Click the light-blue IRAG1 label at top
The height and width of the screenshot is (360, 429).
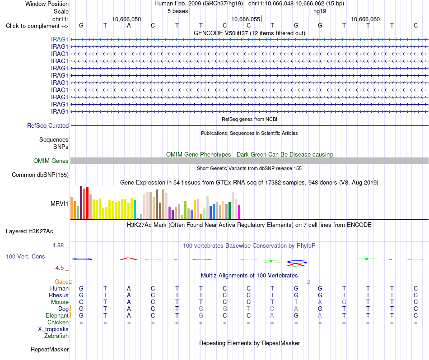(x=59, y=39)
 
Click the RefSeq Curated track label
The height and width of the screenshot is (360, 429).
(x=48, y=125)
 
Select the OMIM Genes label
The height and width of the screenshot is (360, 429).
(x=51, y=161)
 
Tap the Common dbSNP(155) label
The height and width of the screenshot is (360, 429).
(x=40, y=175)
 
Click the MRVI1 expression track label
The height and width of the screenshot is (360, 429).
(x=59, y=203)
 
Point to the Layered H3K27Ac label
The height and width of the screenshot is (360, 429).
(x=29, y=231)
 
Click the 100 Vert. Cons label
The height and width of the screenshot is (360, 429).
(x=25, y=256)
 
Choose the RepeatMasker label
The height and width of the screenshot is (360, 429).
(x=50, y=349)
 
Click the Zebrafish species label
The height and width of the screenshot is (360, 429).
(x=56, y=336)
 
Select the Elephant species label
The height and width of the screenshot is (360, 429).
(x=57, y=315)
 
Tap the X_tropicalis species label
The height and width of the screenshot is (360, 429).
(x=53, y=329)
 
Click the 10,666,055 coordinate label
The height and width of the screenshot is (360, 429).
(x=246, y=19)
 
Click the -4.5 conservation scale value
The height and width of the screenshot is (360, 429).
(x=59, y=268)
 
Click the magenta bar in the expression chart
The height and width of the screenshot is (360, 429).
(x=239, y=212)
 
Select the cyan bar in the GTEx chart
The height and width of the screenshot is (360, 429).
(x=135, y=209)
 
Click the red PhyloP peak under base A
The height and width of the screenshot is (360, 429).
(x=129, y=258)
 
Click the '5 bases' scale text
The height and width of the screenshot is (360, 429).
(x=177, y=11)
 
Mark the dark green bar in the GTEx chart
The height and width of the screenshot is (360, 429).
(x=229, y=211)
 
